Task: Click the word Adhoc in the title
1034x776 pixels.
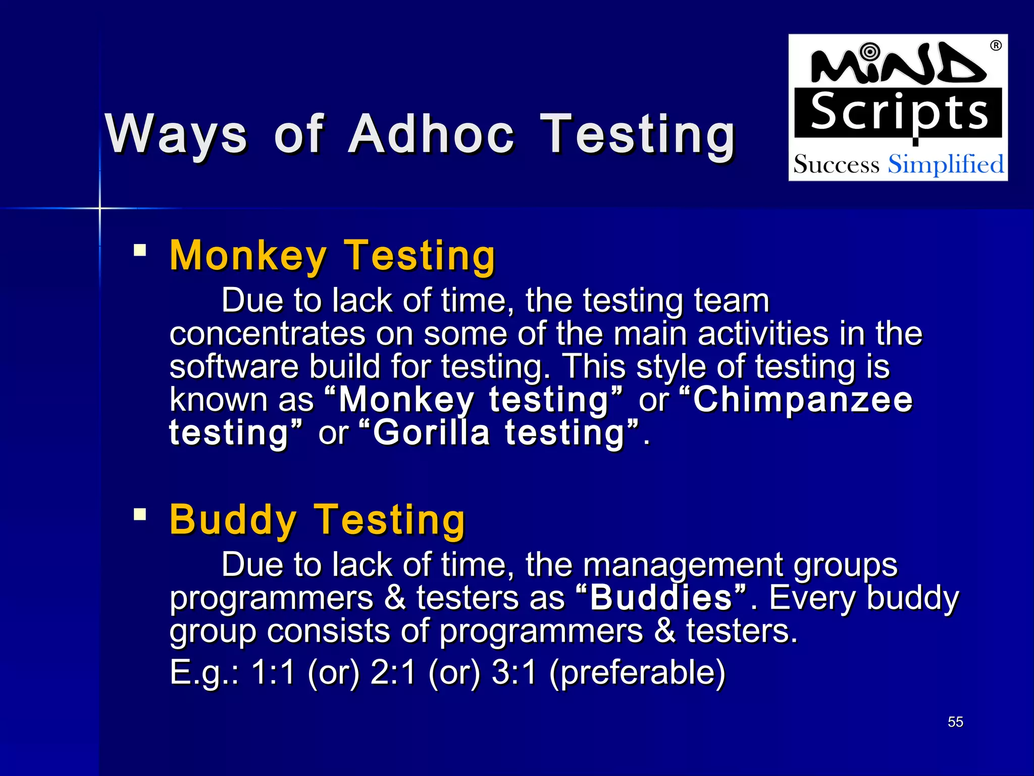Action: coord(432,134)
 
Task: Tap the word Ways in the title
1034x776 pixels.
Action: coord(176,134)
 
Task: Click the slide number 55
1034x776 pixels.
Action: coord(955,722)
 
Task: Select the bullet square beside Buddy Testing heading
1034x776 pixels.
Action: coord(140,515)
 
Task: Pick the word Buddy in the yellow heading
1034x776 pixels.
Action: coord(233,520)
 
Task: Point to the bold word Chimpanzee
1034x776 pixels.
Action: coord(803,400)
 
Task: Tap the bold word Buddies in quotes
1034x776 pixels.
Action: coord(661,598)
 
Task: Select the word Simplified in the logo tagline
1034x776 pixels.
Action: coord(946,165)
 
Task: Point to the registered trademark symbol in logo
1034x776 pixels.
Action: coord(996,45)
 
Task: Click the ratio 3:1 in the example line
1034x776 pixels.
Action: coord(513,672)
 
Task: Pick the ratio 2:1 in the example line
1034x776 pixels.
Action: coord(393,672)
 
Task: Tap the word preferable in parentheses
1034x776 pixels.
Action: coord(637,673)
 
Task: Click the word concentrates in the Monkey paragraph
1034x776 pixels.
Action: coord(267,334)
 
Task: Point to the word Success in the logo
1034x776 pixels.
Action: coord(836,165)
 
